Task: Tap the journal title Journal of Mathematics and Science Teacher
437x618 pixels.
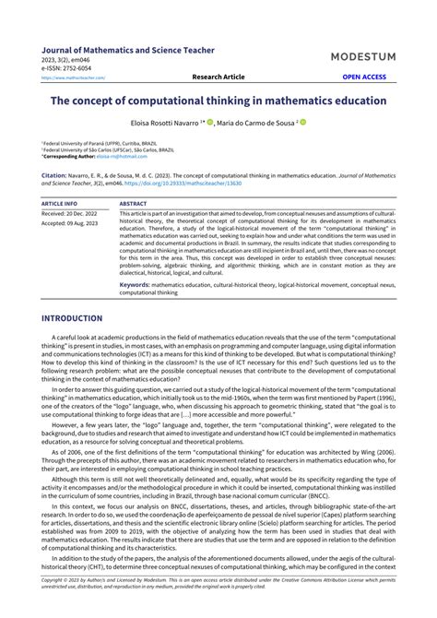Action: (x=128, y=50)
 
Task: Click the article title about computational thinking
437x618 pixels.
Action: (x=218, y=101)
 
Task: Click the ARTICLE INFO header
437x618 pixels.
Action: (x=60, y=202)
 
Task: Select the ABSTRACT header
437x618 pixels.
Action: (x=133, y=202)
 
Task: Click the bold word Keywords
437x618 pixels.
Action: (x=135, y=285)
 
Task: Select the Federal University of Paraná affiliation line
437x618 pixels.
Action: (x=92, y=144)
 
